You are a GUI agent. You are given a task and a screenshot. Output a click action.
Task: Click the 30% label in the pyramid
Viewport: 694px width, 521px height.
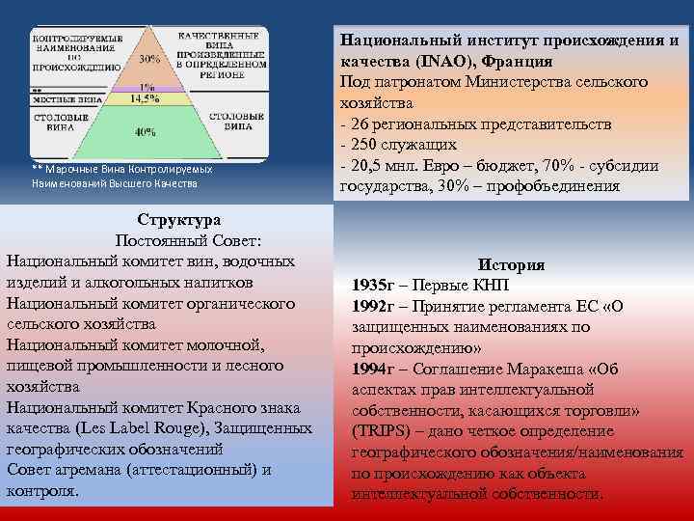pos(148,58)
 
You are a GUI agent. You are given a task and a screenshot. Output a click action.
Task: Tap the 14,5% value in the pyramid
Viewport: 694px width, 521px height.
pos(146,97)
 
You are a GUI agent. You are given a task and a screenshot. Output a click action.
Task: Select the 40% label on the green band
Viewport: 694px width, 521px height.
pos(146,131)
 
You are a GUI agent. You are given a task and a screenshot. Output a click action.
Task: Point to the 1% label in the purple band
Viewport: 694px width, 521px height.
pos(147,86)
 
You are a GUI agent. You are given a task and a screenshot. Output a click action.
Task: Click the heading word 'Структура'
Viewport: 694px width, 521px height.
pos(178,220)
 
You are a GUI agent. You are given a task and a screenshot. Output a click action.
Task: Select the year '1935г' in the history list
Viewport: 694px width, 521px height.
pos(376,286)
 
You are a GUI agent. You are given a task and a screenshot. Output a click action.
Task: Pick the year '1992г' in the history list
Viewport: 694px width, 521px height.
pos(376,306)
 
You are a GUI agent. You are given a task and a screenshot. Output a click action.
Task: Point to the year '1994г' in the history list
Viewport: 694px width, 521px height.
pos(376,369)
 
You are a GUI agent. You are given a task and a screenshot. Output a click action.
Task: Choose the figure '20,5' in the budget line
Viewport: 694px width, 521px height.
pos(370,166)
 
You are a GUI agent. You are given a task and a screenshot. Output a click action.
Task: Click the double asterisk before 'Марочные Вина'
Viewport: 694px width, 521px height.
pos(37,170)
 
